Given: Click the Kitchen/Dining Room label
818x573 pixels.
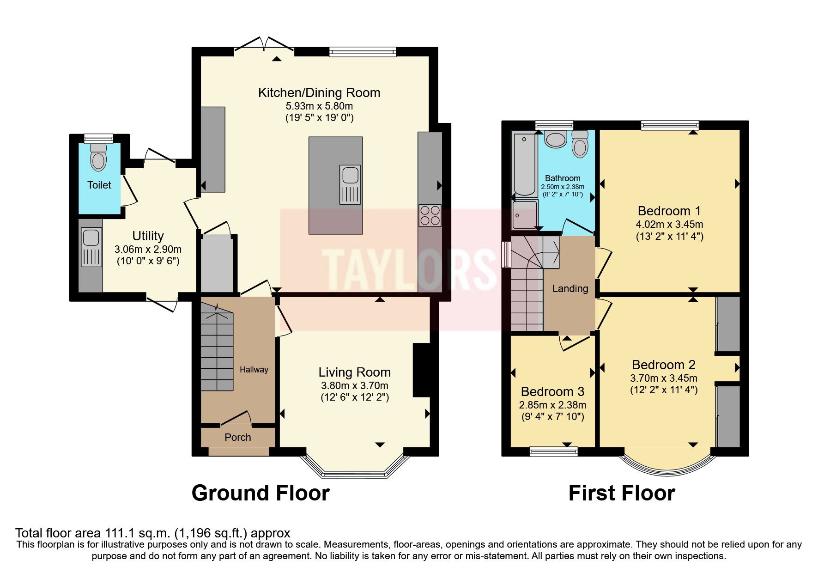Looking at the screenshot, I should click(319, 93).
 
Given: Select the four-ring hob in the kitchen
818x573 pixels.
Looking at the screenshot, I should click(430, 216).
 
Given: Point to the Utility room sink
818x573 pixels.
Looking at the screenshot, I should click(91, 247).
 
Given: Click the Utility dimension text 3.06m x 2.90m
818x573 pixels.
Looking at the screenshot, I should click(148, 250).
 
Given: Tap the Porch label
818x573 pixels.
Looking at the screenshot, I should click(237, 438).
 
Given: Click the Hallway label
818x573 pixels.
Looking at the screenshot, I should click(254, 370).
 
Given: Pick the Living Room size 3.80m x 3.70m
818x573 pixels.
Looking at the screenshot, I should click(354, 386).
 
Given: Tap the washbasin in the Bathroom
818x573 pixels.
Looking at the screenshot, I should click(556, 139).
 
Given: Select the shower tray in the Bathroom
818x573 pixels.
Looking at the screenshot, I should click(525, 215).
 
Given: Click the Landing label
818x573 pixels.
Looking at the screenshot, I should click(570, 289).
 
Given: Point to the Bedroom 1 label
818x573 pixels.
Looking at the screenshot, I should click(669, 211).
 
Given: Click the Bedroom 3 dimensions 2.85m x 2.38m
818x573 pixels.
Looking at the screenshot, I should click(552, 405).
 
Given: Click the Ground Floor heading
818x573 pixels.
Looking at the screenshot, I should click(260, 493).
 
